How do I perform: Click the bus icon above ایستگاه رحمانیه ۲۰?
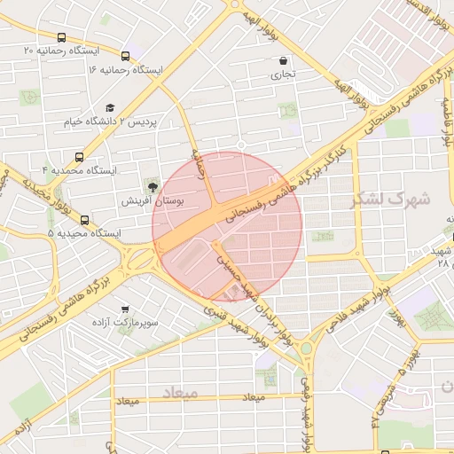coord(60,38)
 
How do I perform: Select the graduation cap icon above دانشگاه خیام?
coord(110,108)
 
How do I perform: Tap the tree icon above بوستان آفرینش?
coord(153,186)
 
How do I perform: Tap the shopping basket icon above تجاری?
coord(283,61)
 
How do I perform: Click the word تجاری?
coord(284,74)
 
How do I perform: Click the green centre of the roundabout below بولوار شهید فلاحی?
coord(306,348)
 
